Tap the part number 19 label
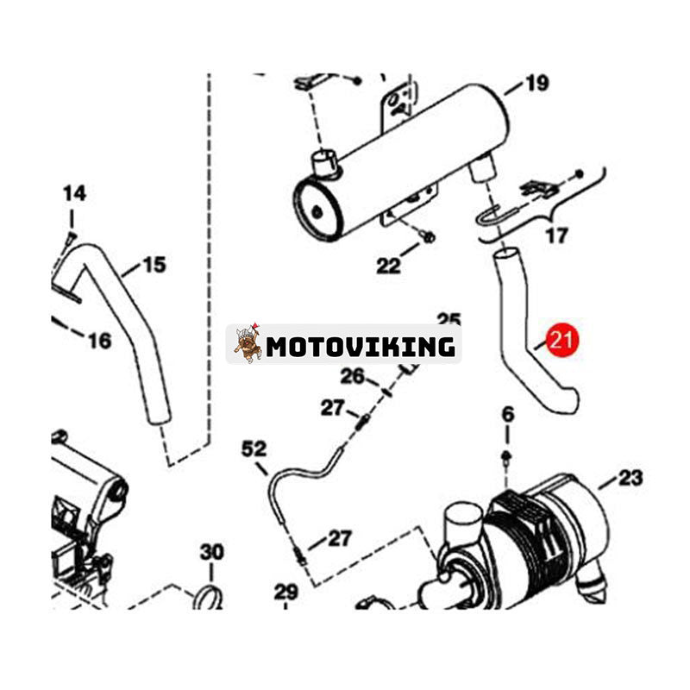536,84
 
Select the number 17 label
557,235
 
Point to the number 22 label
388,267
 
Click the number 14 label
74,193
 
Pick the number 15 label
154,264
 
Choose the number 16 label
99,341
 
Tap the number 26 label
352,376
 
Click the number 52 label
254,448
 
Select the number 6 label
507,413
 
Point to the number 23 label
630,477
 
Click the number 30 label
211,551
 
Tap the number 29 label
285,592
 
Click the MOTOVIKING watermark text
361,347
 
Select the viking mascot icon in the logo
248,344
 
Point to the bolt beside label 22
428,236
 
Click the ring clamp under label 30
208,596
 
